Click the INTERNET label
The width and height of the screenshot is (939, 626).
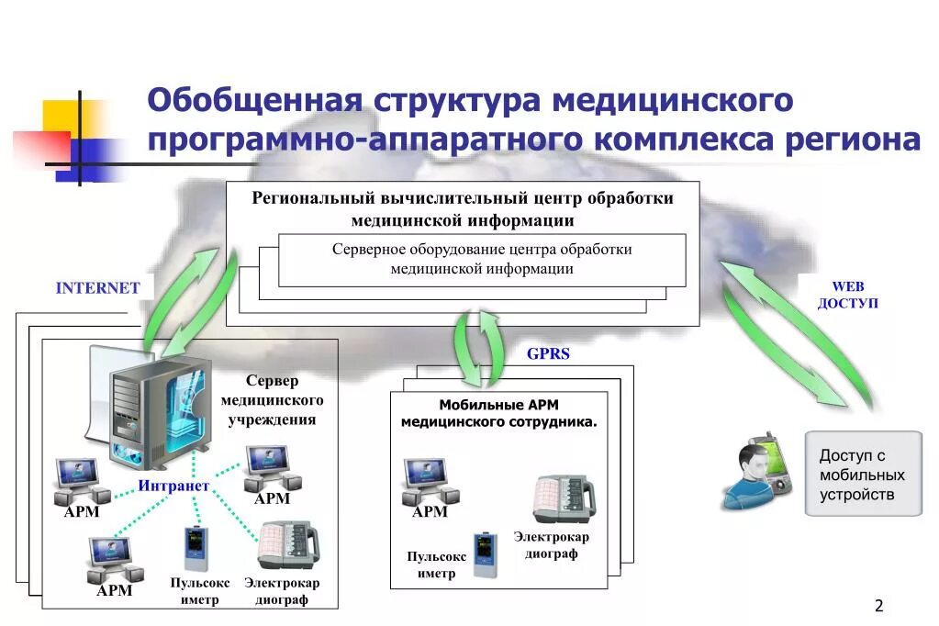click(x=98, y=287)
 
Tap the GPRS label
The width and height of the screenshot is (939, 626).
click(x=548, y=354)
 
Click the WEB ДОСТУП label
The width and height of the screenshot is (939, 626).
click(x=848, y=295)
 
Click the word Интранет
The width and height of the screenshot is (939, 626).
click(x=174, y=485)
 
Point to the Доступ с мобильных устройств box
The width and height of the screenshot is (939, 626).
click(x=863, y=475)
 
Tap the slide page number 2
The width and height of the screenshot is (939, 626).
click(x=878, y=605)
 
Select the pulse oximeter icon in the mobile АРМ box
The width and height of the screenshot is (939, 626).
click(x=484, y=554)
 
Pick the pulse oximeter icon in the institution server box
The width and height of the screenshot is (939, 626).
click(x=194, y=549)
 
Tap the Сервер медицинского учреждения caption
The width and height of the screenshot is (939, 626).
click(x=272, y=400)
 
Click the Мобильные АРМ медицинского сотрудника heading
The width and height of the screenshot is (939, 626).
click(x=498, y=413)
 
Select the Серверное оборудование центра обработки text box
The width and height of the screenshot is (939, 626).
click(x=482, y=259)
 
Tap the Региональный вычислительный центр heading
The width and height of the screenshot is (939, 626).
click(x=463, y=208)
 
